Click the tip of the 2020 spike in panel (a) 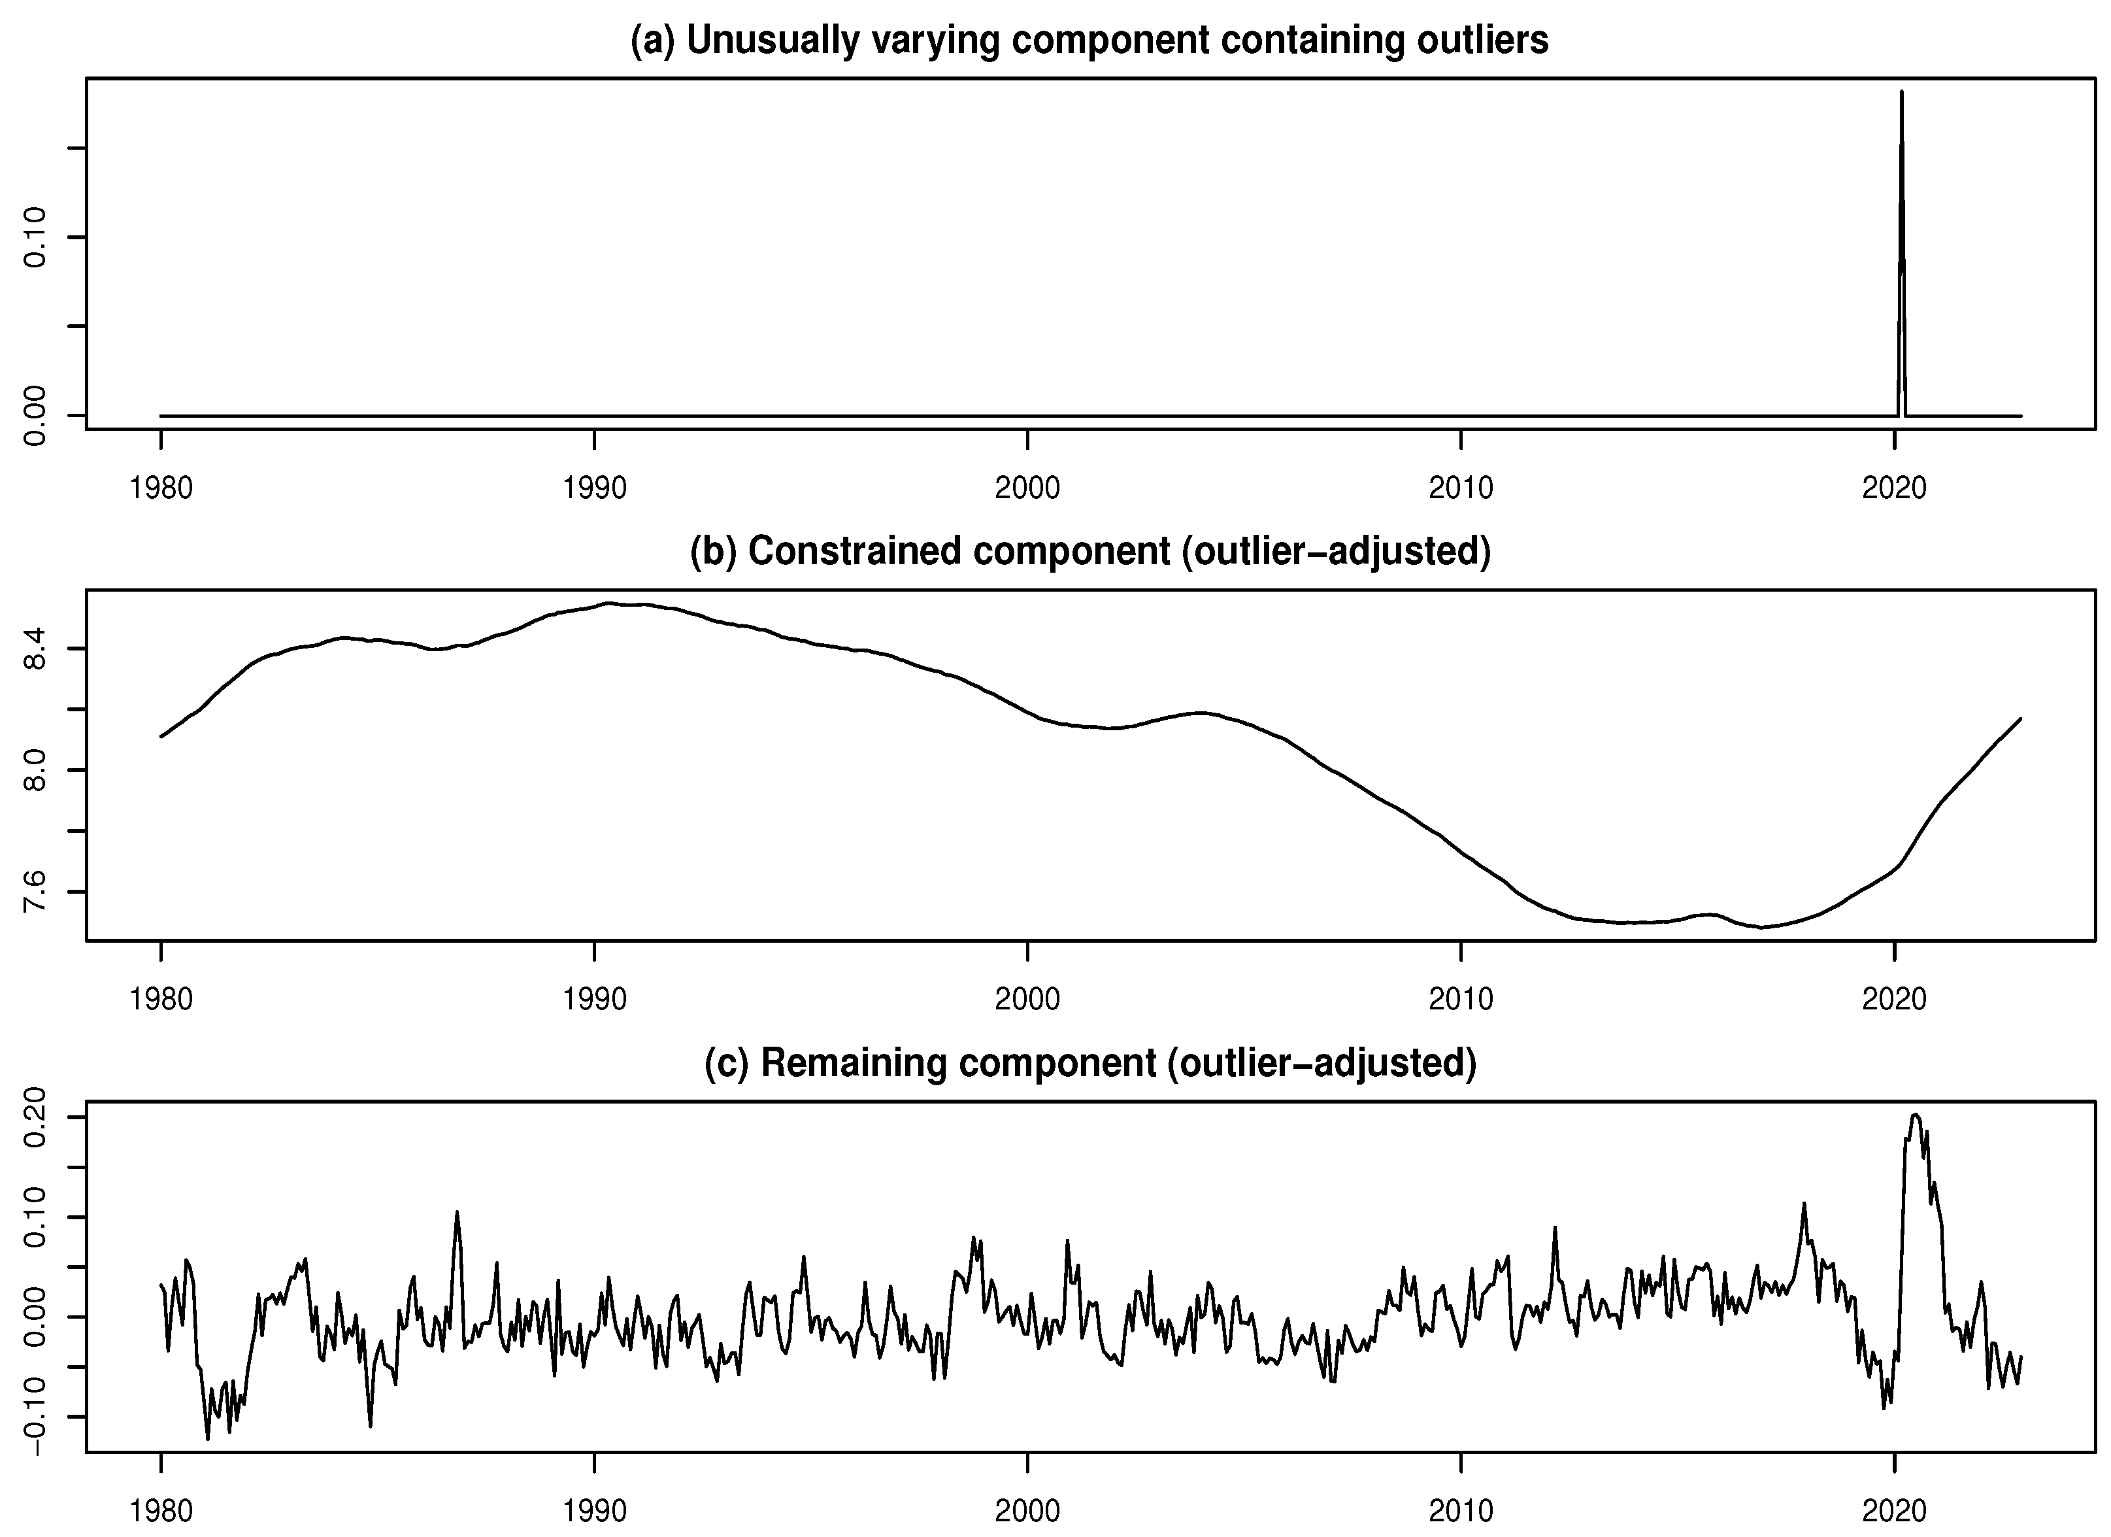1901,92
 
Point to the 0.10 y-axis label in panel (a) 35,237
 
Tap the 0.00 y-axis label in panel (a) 35,415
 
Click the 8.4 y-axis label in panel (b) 35,649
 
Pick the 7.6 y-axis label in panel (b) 35,892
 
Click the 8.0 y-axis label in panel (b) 35,770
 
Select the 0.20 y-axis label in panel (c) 35,1117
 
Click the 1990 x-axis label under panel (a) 594,487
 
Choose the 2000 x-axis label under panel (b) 1027,999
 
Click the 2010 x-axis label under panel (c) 1461,1510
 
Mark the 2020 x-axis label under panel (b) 1894,999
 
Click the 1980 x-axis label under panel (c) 161,1510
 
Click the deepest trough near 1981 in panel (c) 208,1438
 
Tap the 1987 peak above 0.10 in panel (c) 457,1212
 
